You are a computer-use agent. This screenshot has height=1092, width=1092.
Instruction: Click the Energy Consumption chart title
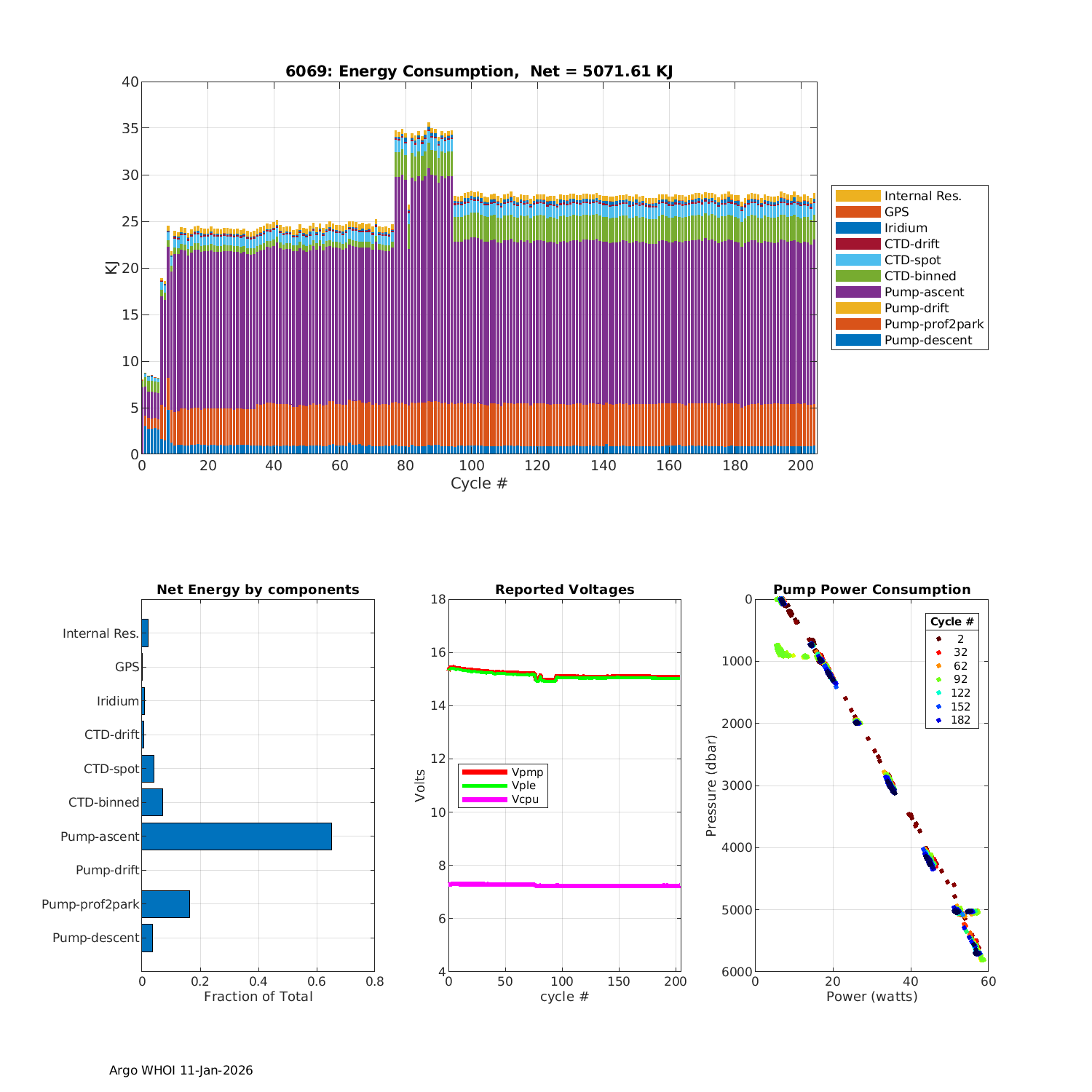(478, 71)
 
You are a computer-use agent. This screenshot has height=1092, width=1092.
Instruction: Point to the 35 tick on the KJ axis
(130, 128)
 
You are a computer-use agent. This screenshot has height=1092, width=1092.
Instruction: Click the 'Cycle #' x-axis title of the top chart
(478, 483)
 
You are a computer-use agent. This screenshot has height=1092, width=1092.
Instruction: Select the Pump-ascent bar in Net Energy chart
(237, 836)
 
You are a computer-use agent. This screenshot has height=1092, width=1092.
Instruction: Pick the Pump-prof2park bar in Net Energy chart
(165, 904)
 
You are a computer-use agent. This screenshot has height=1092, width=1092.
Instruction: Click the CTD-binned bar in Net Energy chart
(152, 802)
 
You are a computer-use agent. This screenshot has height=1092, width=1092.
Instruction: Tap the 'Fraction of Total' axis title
(258, 997)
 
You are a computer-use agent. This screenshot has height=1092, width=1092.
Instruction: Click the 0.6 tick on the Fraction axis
(317, 981)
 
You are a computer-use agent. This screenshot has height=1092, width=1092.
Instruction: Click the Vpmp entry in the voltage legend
(527, 772)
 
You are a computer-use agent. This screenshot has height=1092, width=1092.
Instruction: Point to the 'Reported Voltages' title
(564, 590)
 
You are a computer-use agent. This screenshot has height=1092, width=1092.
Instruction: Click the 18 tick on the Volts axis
(438, 599)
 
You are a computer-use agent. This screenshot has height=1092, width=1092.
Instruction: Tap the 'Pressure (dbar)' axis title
(712, 785)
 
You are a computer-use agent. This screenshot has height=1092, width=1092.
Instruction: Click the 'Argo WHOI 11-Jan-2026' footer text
(181, 1070)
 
